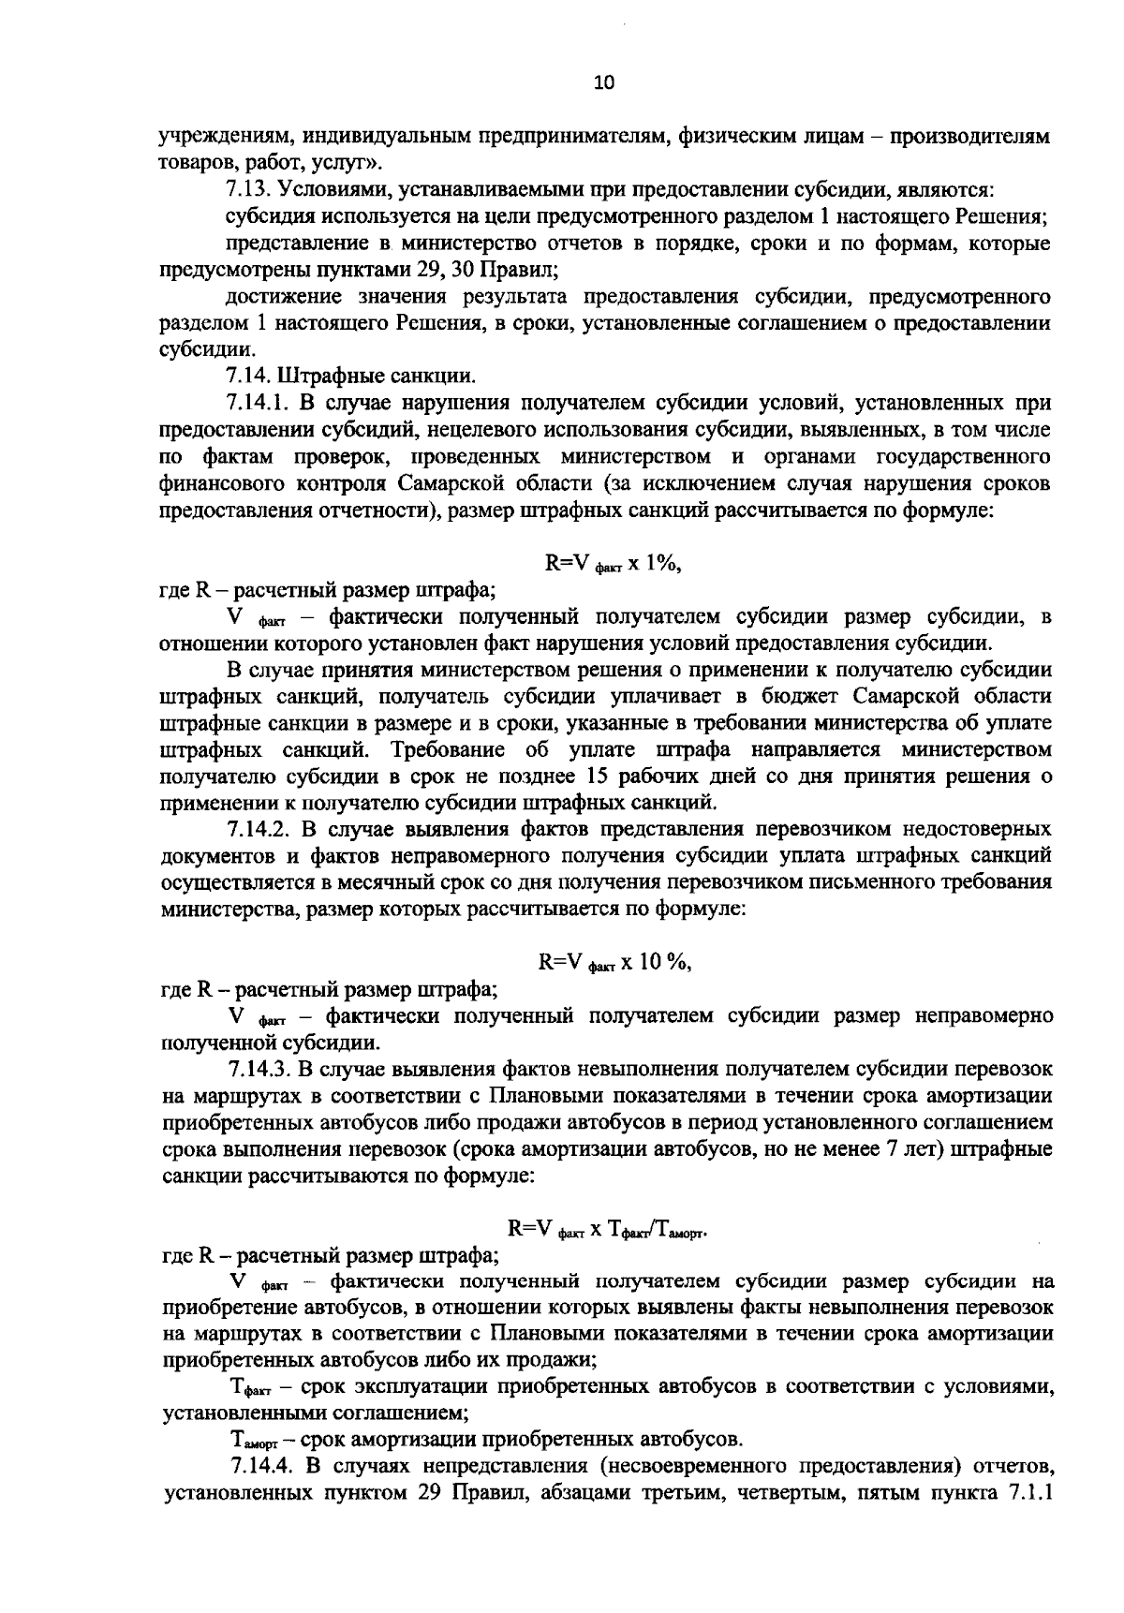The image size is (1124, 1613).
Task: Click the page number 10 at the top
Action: (603, 83)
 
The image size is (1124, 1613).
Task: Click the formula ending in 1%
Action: (617, 563)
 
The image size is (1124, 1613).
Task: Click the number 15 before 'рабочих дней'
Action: (596, 777)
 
